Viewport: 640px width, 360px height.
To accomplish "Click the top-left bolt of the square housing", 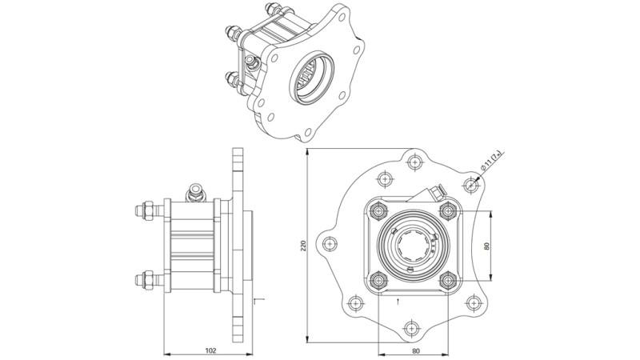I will pos(377,211).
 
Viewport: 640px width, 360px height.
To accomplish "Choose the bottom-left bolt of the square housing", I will pos(377,279).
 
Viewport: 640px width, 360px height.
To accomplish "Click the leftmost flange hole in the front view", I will pos(329,244).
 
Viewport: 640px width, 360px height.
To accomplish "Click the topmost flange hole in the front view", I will pos(414,163).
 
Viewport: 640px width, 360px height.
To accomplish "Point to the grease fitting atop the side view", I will pos(194,192).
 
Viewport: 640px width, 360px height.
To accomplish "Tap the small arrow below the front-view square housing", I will pos(401,301).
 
